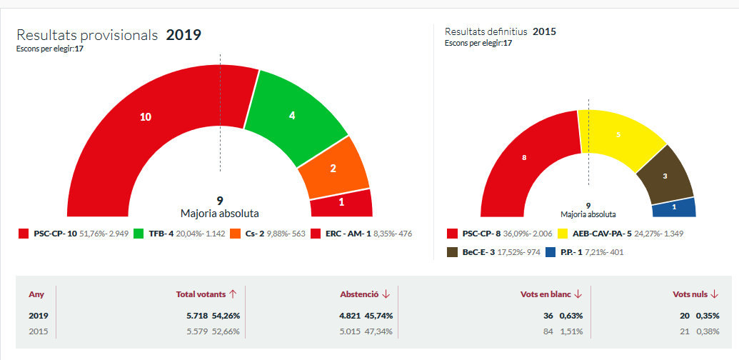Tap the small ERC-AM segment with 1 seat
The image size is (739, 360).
point(341,203)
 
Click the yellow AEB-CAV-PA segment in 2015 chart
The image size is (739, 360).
point(618,135)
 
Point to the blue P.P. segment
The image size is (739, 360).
point(674,207)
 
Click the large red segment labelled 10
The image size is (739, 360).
point(146,117)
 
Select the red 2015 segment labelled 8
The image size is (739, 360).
point(525,157)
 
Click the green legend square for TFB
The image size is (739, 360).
point(136,234)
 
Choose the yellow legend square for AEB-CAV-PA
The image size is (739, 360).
point(562,234)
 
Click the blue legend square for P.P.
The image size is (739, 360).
point(551,252)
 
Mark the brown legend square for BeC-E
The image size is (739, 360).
point(452,252)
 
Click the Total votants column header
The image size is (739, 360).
point(206,294)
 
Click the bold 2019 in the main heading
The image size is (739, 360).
point(184,35)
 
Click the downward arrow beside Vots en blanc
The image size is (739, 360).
point(578,294)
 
